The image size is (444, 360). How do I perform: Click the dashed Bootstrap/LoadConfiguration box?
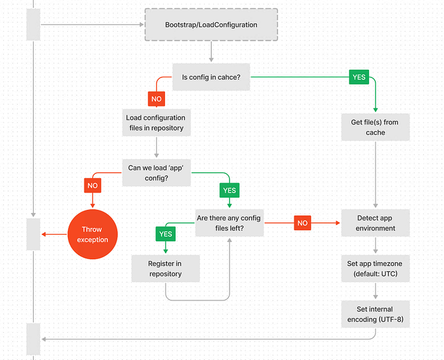point(211,25)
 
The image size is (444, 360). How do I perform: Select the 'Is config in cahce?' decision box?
point(211,77)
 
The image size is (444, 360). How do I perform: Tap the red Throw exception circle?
point(93,235)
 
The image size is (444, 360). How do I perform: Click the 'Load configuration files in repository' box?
point(155,123)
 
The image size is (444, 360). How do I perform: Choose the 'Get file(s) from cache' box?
point(375,127)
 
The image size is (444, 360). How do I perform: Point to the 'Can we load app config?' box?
point(156,173)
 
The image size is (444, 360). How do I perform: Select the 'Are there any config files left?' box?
point(229,223)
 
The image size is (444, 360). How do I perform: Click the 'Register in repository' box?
point(165,269)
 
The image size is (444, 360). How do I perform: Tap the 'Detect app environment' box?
point(375,223)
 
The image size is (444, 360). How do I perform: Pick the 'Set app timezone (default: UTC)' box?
point(375,269)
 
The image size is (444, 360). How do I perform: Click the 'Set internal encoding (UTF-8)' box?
point(375,314)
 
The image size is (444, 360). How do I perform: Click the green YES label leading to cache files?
point(358,77)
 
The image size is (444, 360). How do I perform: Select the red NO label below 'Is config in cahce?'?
point(156,100)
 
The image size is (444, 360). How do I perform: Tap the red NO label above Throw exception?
point(93,185)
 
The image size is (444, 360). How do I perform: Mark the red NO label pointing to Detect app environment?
point(303,223)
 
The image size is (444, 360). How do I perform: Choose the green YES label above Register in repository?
point(165,233)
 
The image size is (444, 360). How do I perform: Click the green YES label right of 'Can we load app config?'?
point(229,190)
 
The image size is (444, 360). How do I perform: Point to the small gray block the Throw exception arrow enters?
point(32,234)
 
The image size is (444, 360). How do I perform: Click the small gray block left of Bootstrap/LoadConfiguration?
point(32,25)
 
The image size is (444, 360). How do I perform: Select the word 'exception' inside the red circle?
point(93,240)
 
